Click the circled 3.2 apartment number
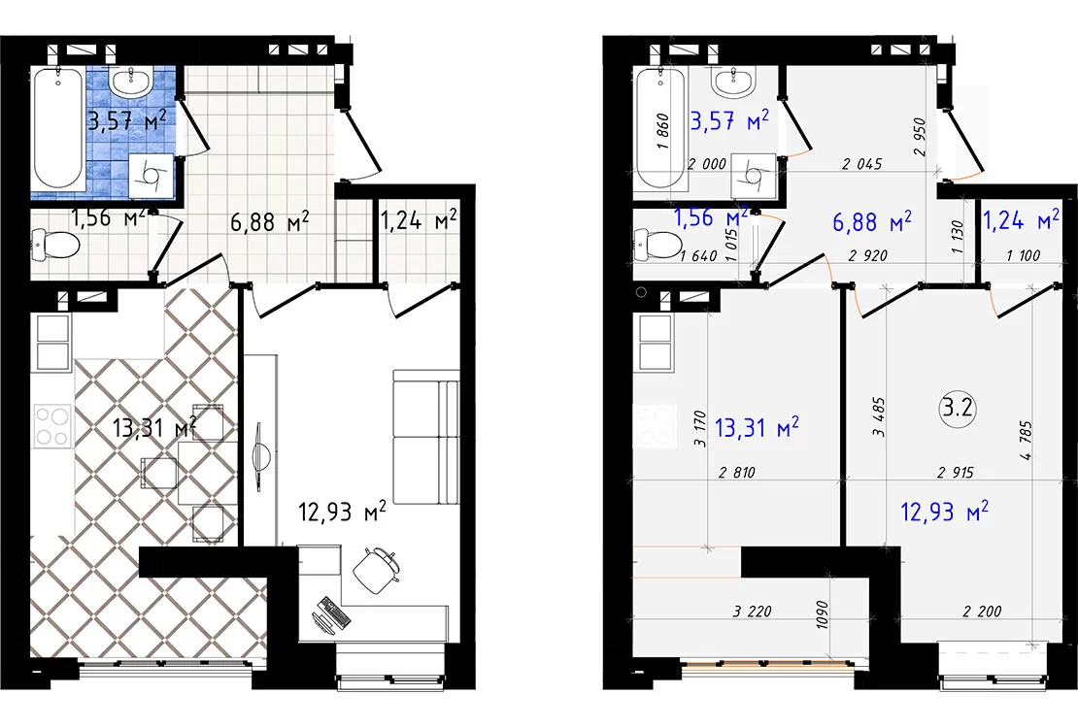[957, 409]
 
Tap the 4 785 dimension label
[1027, 441]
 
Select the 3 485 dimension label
[879, 416]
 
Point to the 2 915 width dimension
[956, 473]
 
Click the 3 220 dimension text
[752, 611]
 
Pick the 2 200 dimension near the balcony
[983, 611]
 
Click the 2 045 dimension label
[862, 164]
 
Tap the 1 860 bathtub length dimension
[662, 131]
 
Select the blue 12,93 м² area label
[945, 511]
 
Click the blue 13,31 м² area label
[757, 427]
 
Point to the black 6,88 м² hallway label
[270, 221]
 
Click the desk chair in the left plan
[376, 569]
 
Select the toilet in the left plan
[55, 244]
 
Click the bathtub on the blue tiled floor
[58, 127]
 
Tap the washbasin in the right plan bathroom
[735, 83]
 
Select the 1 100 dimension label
[1023, 255]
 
